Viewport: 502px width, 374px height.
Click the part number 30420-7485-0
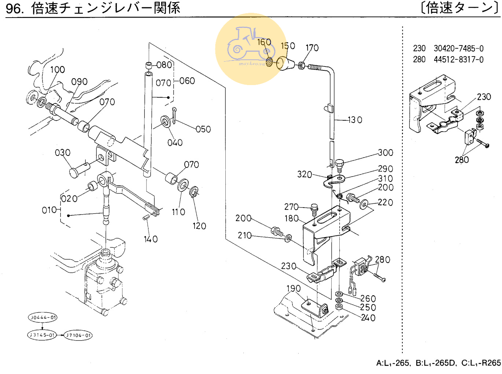point(458,48)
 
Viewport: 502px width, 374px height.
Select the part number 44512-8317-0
point(458,59)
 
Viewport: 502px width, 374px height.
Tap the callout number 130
point(355,120)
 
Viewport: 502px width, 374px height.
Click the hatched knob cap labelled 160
point(269,62)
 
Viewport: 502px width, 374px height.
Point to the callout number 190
point(294,289)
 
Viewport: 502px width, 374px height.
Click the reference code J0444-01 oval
point(43,318)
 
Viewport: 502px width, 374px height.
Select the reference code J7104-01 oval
point(78,335)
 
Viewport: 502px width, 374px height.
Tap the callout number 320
point(304,174)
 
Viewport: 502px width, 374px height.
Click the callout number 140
point(151,239)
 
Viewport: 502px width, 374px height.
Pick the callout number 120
point(199,226)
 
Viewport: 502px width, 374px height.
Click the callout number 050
point(203,129)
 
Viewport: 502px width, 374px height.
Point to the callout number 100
point(58,70)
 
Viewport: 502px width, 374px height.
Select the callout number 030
point(63,153)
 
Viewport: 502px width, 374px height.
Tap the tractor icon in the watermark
point(249,44)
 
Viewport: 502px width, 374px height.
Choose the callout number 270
point(291,207)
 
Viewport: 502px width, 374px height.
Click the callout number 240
point(368,318)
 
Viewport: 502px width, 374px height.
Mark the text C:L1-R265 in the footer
point(481,363)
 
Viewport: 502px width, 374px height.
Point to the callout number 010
point(49,210)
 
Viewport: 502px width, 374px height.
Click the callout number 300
point(385,153)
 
